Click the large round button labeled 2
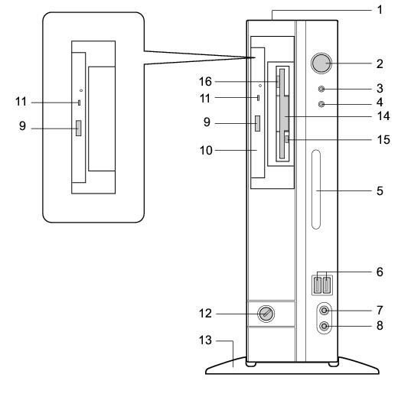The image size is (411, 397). click(x=321, y=63)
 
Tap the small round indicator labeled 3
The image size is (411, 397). click(x=321, y=89)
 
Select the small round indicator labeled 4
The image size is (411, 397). click(x=321, y=104)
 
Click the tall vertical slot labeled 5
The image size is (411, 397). click(x=316, y=190)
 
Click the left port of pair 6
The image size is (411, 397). click(x=318, y=285)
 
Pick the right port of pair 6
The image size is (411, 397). click(x=327, y=285)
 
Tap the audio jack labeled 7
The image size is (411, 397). click(x=325, y=311)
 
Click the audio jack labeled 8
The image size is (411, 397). click(x=325, y=327)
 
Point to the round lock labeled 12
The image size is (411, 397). click(x=266, y=314)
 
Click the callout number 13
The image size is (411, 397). click(x=205, y=340)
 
